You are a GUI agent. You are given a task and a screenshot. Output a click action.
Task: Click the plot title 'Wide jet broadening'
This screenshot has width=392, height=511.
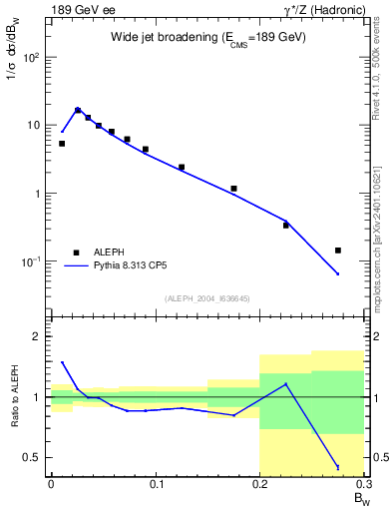coord(207,37)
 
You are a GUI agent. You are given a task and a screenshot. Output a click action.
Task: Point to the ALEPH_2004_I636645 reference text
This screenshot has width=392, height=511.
coord(207,298)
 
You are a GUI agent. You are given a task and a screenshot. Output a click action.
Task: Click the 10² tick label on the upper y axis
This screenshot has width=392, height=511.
coord(33,57)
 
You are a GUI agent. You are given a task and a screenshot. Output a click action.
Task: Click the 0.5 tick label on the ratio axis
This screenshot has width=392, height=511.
coord(33,457)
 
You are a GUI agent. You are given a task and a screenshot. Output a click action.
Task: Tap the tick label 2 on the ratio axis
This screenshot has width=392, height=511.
coord(38,336)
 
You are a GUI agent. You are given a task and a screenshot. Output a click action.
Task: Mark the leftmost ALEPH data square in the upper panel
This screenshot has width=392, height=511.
coord(62,144)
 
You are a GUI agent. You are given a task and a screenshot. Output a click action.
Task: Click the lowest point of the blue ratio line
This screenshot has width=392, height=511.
coord(338,467)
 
